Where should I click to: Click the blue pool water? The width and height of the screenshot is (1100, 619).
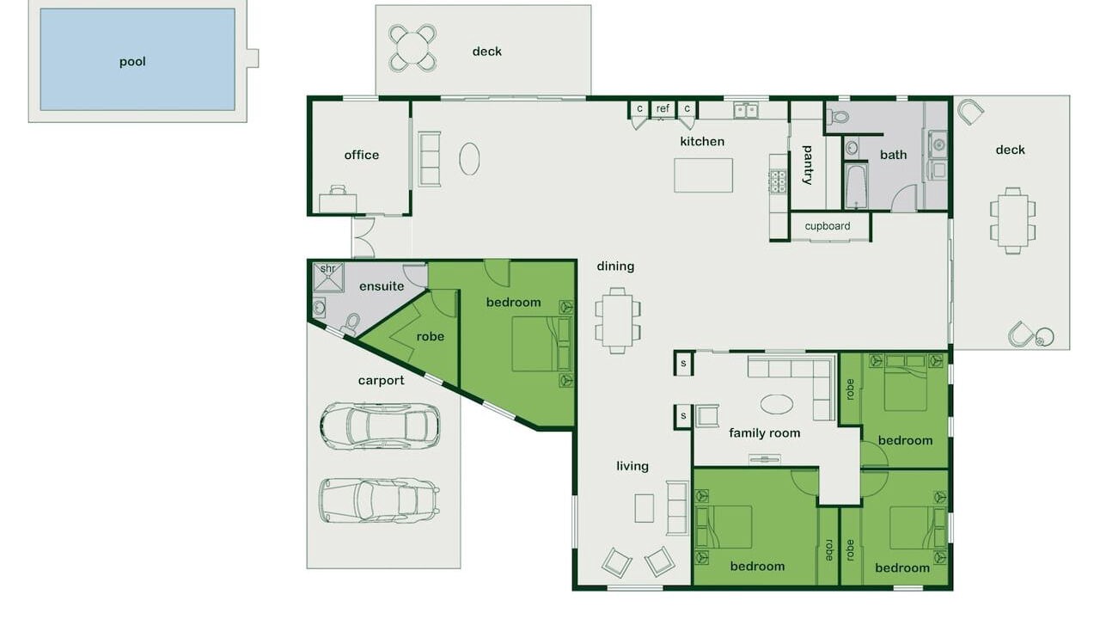pyautogui.click(x=137, y=59)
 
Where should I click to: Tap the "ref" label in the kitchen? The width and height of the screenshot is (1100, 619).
pyautogui.click(x=663, y=108)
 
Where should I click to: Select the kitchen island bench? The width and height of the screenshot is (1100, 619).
pyautogui.click(x=703, y=175)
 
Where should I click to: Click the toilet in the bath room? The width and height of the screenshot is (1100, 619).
pyautogui.click(x=838, y=117)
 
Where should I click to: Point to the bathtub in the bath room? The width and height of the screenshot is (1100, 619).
pyautogui.click(x=856, y=186)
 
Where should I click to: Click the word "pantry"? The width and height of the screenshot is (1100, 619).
pyautogui.click(x=808, y=164)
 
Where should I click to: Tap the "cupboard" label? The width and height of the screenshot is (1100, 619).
pyautogui.click(x=828, y=226)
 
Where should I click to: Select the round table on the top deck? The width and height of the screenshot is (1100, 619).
pyautogui.click(x=412, y=48)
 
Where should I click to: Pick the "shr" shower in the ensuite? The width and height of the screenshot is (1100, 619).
pyautogui.click(x=328, y=277)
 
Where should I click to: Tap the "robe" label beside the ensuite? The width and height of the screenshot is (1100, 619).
pyautogui.click(x=431, y=336)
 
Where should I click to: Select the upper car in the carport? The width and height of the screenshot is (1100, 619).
pyautogui.click(x=380, y=426)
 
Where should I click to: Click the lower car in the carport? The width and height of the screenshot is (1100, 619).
pyautogui.click(x=379, y=500)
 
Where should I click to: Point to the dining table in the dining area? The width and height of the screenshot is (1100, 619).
pyautogui.click(x=618, y=321)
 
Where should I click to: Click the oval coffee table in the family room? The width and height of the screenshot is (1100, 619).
pyautogui.click(x=776, y=405)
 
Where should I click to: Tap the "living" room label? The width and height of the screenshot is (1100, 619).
pyautogui.click(x=632, y=466)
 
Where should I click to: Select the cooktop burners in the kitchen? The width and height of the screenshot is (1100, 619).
pyautogui.click(x=778, y=181)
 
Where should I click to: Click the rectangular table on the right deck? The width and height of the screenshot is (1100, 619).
pyautogui.click(x=1012, y=221)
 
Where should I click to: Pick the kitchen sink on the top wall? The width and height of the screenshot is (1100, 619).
pyautogui.click(x=746, y=111)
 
